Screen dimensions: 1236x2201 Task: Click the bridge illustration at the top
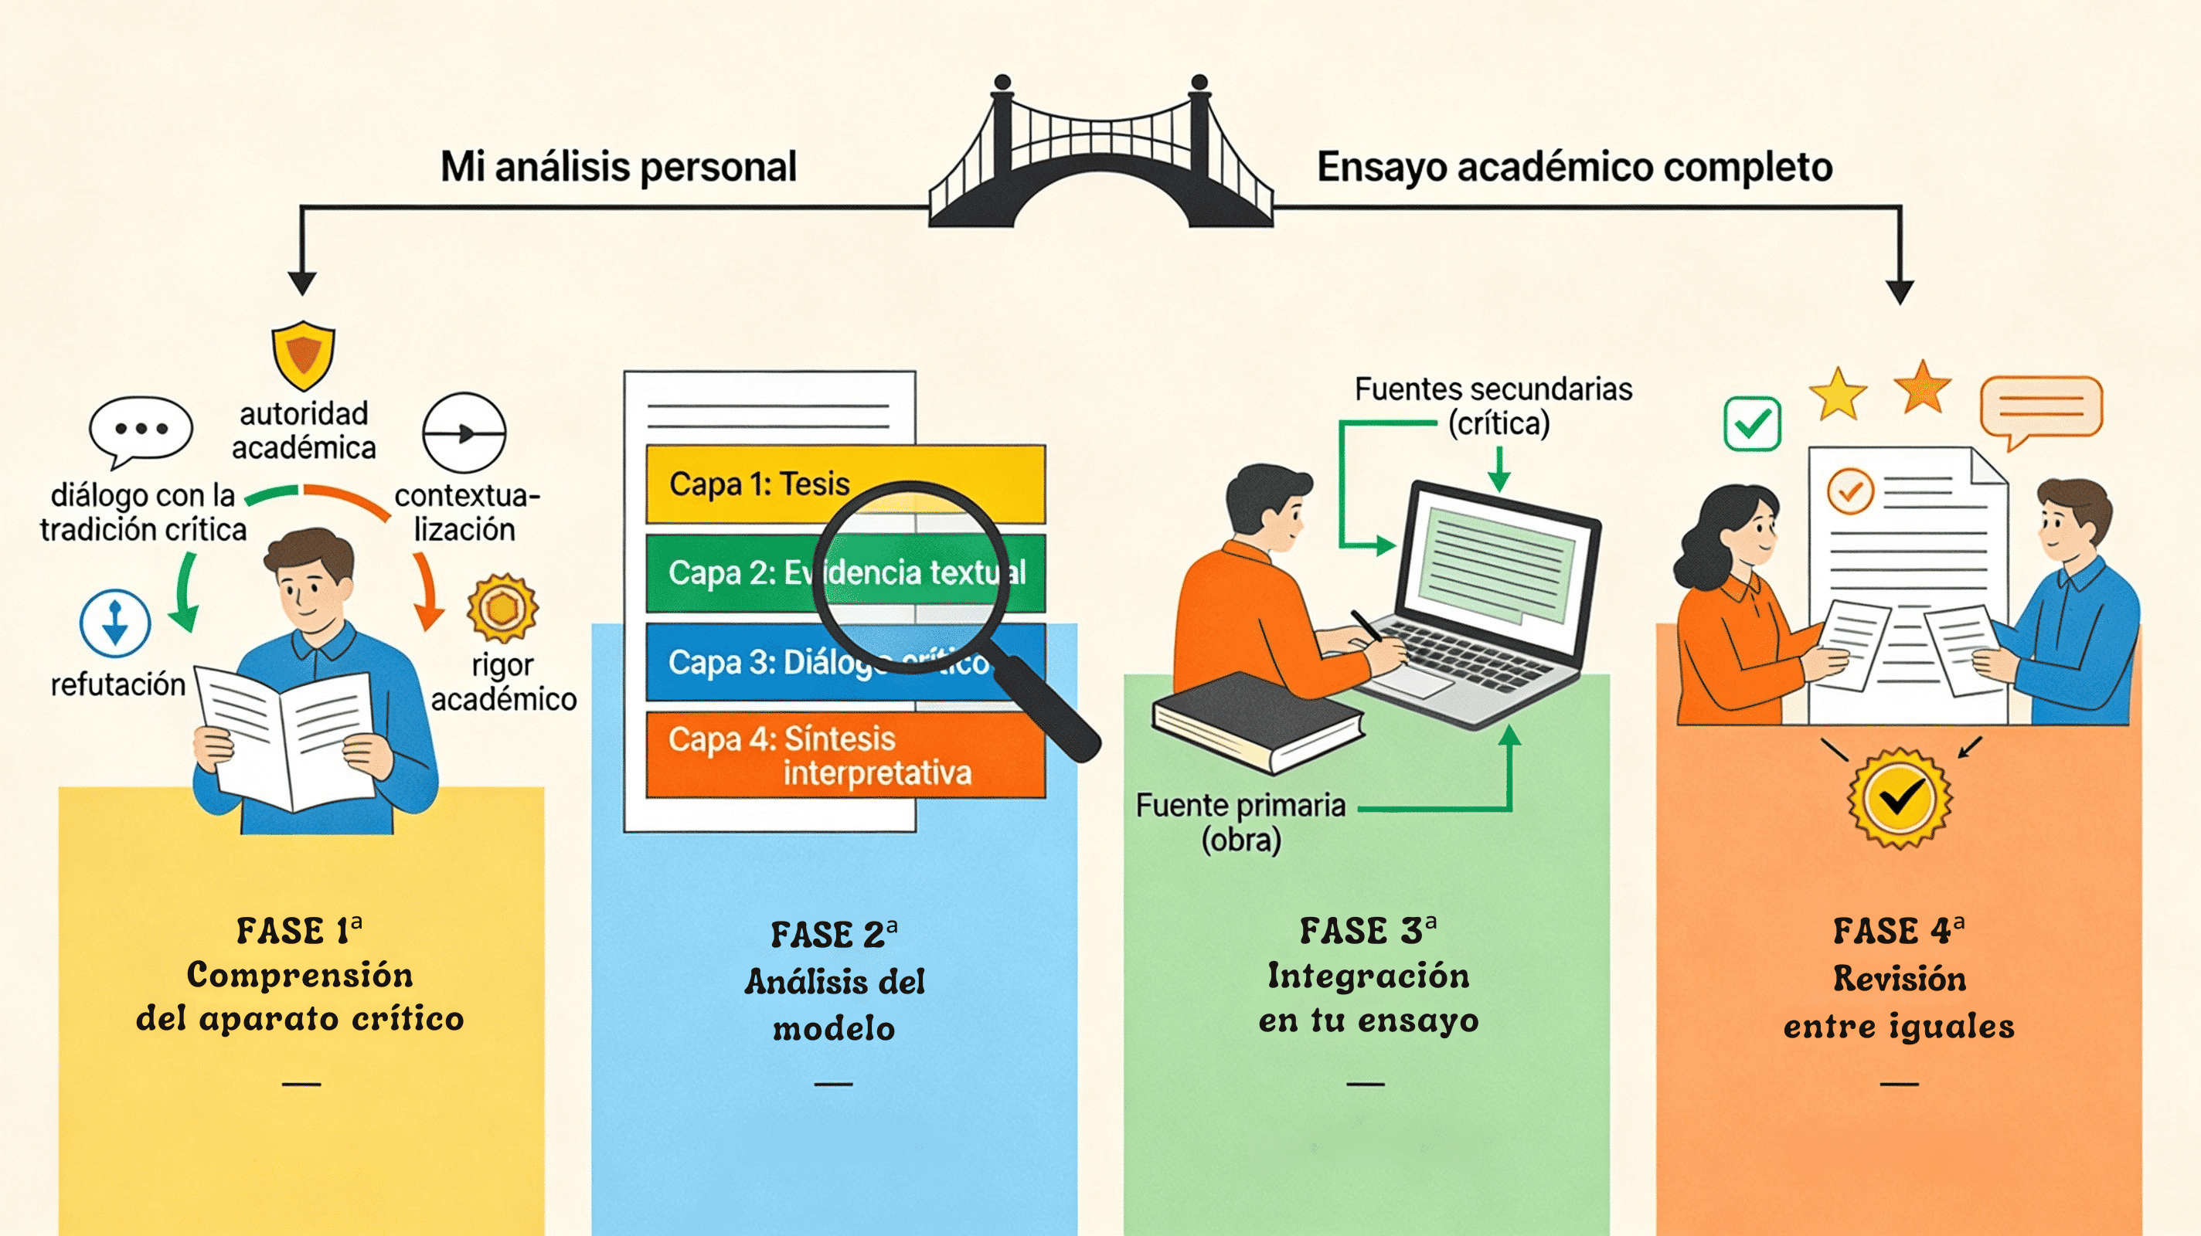pos(1100,162)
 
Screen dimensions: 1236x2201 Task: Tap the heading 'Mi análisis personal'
pos(617,167)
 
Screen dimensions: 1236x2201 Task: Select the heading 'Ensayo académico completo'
pos(1573,167)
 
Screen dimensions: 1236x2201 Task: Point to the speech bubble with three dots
pos(141,430)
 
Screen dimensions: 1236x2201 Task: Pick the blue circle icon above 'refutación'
pos(115,623)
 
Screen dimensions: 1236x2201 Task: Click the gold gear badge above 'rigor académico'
pos(502,608)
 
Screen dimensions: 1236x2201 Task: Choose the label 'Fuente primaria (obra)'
pos(1240,822)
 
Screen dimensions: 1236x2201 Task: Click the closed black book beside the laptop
pos(1256,722)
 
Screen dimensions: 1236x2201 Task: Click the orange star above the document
pos(1923,389)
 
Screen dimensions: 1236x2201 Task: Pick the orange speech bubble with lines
pos(2040,410)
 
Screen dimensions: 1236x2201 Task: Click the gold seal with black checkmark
pos(1900,798)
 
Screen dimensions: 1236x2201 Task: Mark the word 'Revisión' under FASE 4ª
pos(1900,979)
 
